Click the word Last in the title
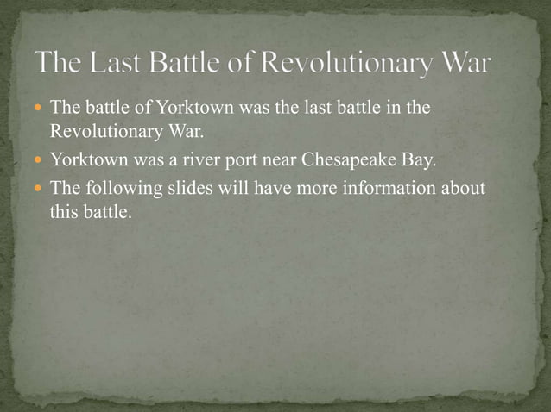click(x=109, y=64)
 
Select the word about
click(x=464, y=188)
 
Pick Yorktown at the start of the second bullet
click(x=87, y=160)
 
